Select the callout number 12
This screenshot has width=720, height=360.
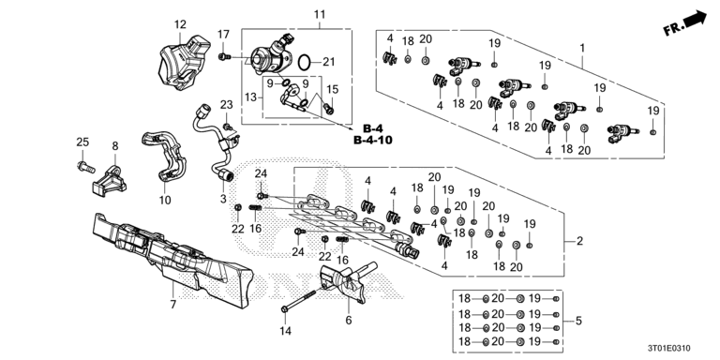pyautogui.click(x=180, y=23)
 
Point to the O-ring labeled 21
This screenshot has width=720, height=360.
pyautogui.click(x=304, y=62)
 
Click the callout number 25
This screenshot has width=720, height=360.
pyautogui.click(x=82, y=142)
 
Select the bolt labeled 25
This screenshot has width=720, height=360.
pyautogui.click(x=82, y=169)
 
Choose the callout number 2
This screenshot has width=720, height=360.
pyautogui.click(x=579, y=242)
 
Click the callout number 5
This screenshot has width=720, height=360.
pyautogui.click(x=578, y=321)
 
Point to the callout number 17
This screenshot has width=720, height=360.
pyautogui.click(x=224, y=35)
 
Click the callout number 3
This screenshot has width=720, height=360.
pyautogui.click(x=224, y=200)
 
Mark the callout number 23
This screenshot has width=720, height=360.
pyautogui.click(x=226, y=103)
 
